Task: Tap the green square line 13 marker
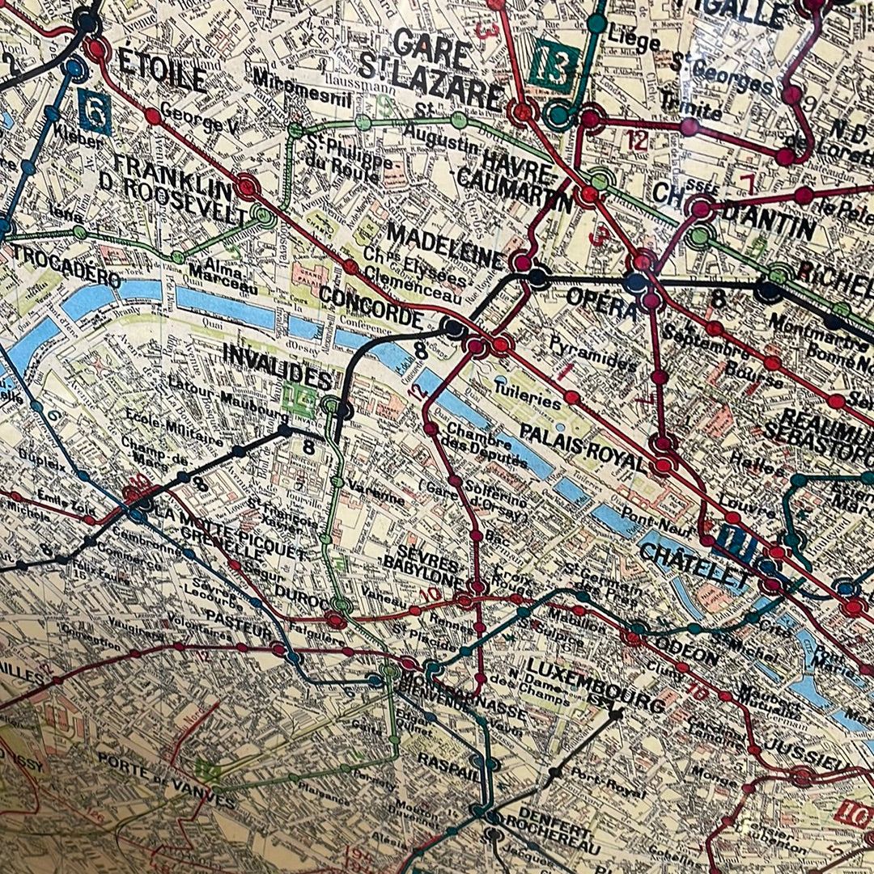(556, 65)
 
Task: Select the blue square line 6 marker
(95, 111)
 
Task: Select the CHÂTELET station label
(683, 565)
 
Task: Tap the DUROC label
(298, 596)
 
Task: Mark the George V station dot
(152, 116)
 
